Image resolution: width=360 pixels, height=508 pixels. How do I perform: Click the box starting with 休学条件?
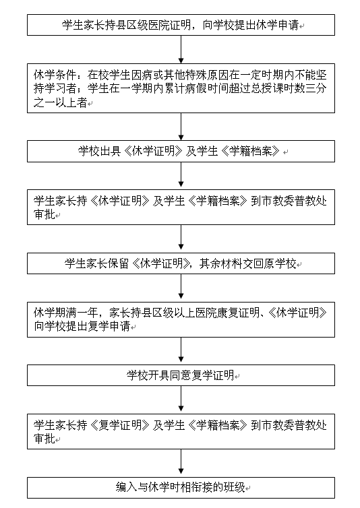(181, 88)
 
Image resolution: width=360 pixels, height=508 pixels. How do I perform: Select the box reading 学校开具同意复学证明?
(181, 375)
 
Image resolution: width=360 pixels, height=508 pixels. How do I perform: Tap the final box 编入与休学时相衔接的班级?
(181, 488)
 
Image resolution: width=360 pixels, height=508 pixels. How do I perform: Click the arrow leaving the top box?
(181, 49)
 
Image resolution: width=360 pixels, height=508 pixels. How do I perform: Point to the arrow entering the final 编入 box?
(181, 463)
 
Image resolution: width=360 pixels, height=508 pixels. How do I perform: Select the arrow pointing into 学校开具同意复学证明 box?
(181, 351)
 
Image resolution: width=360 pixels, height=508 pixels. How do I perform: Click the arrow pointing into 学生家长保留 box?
(181, 239)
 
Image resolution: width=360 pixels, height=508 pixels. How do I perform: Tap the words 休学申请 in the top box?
(277, 25)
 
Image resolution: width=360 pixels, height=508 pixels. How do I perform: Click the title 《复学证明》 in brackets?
(120, 425)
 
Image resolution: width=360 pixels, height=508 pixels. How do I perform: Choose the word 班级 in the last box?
(234, 487)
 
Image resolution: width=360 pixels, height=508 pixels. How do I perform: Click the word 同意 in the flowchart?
(180, 375)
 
